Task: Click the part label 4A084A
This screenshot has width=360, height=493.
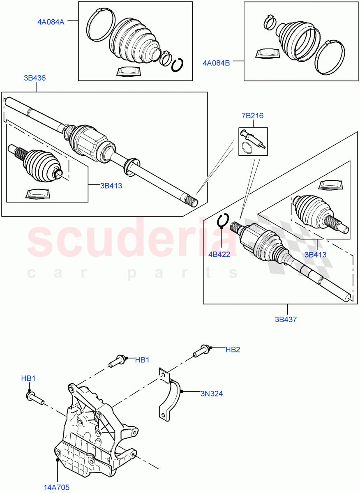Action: [x=49, y=22]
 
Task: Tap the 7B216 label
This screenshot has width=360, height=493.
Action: [x=252, y=116]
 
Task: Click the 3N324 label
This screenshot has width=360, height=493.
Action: [x=212, y=394]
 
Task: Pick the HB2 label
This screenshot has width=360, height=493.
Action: [x=233, y=350]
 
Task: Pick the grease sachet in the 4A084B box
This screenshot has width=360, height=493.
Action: [x=268, y=54]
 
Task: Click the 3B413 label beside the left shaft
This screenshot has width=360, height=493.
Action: [x=111, y=186]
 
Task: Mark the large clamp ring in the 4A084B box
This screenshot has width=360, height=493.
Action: [x=329, y=58]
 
